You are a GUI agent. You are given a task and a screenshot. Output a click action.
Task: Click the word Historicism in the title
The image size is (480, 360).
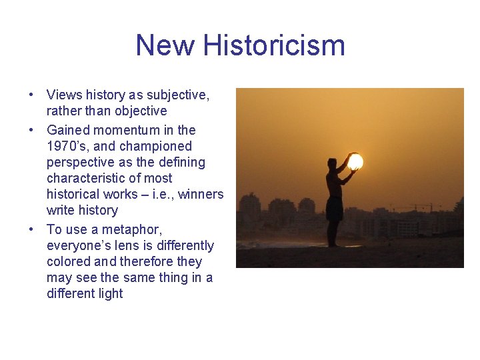click(x=274, y=45)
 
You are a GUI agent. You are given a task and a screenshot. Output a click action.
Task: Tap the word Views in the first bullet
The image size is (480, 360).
click(x=64, y=95)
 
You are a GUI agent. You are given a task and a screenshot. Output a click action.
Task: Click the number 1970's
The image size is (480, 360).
click(x=67, y=146)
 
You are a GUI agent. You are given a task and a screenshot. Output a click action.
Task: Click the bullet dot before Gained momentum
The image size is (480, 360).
click(x=32, y=130)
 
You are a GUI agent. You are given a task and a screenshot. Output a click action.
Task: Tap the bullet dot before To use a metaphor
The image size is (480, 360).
click(x=32, y=229)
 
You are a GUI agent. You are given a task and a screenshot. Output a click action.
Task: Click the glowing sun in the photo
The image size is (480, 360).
click(x=355, y=162)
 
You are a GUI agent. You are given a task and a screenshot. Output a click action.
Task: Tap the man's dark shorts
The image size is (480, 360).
click(x=334, y=209)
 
